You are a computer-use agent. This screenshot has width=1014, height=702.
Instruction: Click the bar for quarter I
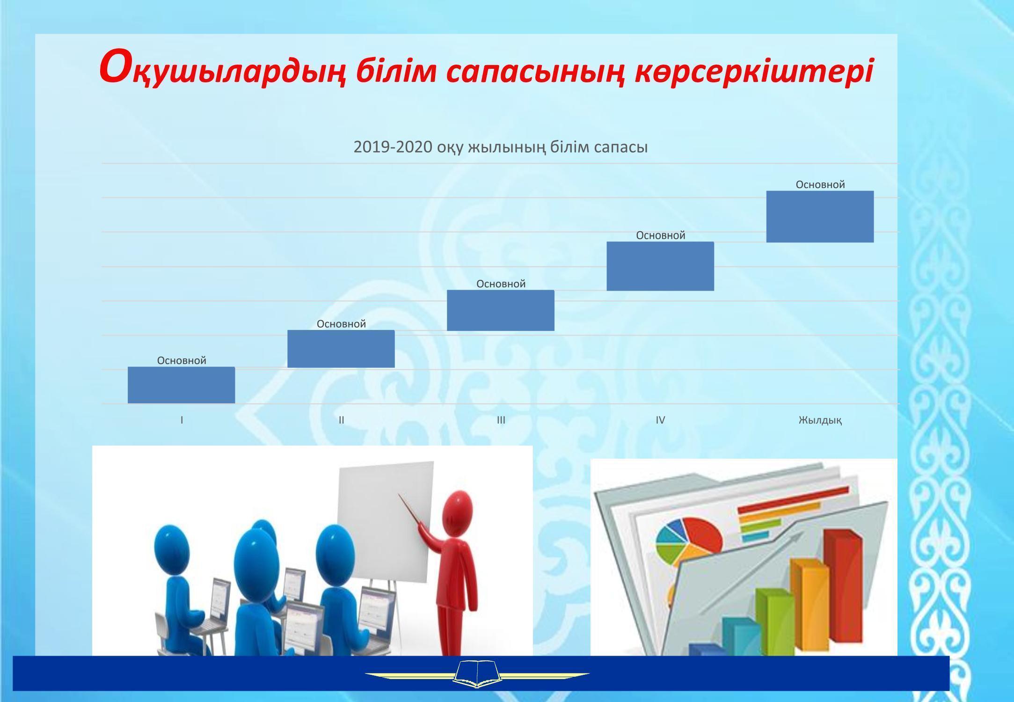click(x=182, y=385)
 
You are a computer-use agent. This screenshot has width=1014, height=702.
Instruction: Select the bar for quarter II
click(x=341, y=349)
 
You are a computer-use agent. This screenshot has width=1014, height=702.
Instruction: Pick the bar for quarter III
click(x=501, y=310)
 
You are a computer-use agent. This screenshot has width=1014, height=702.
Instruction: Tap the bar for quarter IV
click(x=660, y=266)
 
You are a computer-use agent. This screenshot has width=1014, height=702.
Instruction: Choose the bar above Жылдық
click(x=820, y=217)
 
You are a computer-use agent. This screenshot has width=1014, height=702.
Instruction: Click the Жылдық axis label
click(x=820, y=420)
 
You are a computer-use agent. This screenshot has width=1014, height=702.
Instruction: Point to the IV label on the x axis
click(x=660, y=420)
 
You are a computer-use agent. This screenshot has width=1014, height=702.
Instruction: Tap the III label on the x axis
click(x=501, y=420)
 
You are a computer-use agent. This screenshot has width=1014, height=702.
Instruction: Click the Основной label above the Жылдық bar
click(x=820, y=184)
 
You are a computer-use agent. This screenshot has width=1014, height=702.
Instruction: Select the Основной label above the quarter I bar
click(x=182, y=360)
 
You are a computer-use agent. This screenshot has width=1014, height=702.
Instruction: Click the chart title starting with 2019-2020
click(x=501, y=147)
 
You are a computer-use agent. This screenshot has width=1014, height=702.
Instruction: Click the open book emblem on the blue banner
click(x=477, y=674)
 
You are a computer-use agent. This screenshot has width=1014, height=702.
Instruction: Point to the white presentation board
click(x=386, y=523)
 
